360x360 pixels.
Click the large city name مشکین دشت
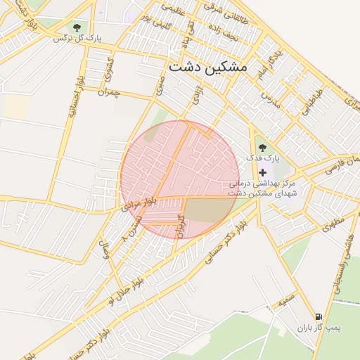coord(208,67)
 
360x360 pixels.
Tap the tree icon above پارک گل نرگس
coord(76,27)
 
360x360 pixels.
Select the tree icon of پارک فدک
coord(262,148)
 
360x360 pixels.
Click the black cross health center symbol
coord(263,172)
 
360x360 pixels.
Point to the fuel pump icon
coord(319,316)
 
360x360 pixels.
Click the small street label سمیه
coord(286,300)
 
